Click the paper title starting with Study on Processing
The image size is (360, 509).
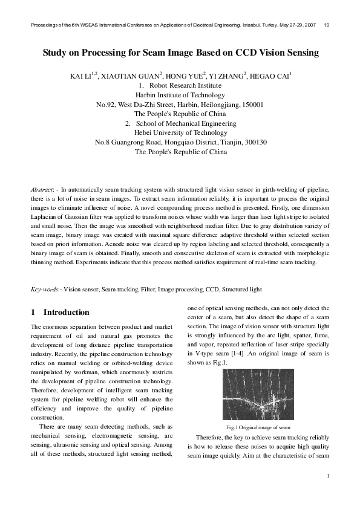point(180,53)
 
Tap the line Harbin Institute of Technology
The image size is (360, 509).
point(180,95)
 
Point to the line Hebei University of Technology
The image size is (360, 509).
point(180,133)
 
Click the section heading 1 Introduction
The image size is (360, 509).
point(60,313)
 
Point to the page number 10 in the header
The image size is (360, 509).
point(327,25)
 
